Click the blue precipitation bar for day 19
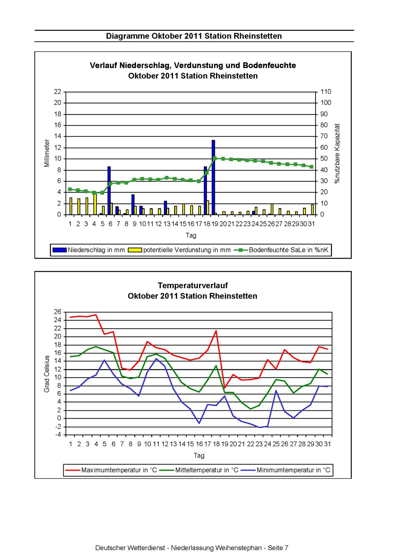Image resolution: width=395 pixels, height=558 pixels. (213, 177)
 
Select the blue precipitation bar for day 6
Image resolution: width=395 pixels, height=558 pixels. (109, 190)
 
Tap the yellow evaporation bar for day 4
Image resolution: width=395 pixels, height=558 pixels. (95, 204)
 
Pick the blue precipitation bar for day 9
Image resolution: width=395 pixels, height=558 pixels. (133, 204)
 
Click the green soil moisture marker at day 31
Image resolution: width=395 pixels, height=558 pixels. (311, 167)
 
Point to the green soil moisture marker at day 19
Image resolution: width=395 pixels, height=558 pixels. (215, 158)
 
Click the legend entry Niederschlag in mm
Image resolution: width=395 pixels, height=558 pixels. (88, 250)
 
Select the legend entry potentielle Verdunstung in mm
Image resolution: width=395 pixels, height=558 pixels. (179, 250)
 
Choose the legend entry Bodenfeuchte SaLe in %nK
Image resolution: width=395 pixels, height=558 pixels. (281, 250)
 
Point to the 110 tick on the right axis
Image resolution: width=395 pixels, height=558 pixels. (326, 92)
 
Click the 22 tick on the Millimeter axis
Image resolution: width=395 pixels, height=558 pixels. (58, 92)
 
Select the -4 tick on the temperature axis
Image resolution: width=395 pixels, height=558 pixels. (58, 435)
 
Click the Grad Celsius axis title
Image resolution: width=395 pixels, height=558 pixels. (47, 374)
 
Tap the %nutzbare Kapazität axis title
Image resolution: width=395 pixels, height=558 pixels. (337, 153)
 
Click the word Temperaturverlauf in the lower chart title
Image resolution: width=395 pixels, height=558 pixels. (193, 286)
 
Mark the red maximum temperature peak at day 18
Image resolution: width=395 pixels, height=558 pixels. (216, 331)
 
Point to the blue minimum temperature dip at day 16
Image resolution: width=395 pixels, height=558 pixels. (199, 423)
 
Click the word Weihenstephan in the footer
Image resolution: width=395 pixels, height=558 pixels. (238, 548)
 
